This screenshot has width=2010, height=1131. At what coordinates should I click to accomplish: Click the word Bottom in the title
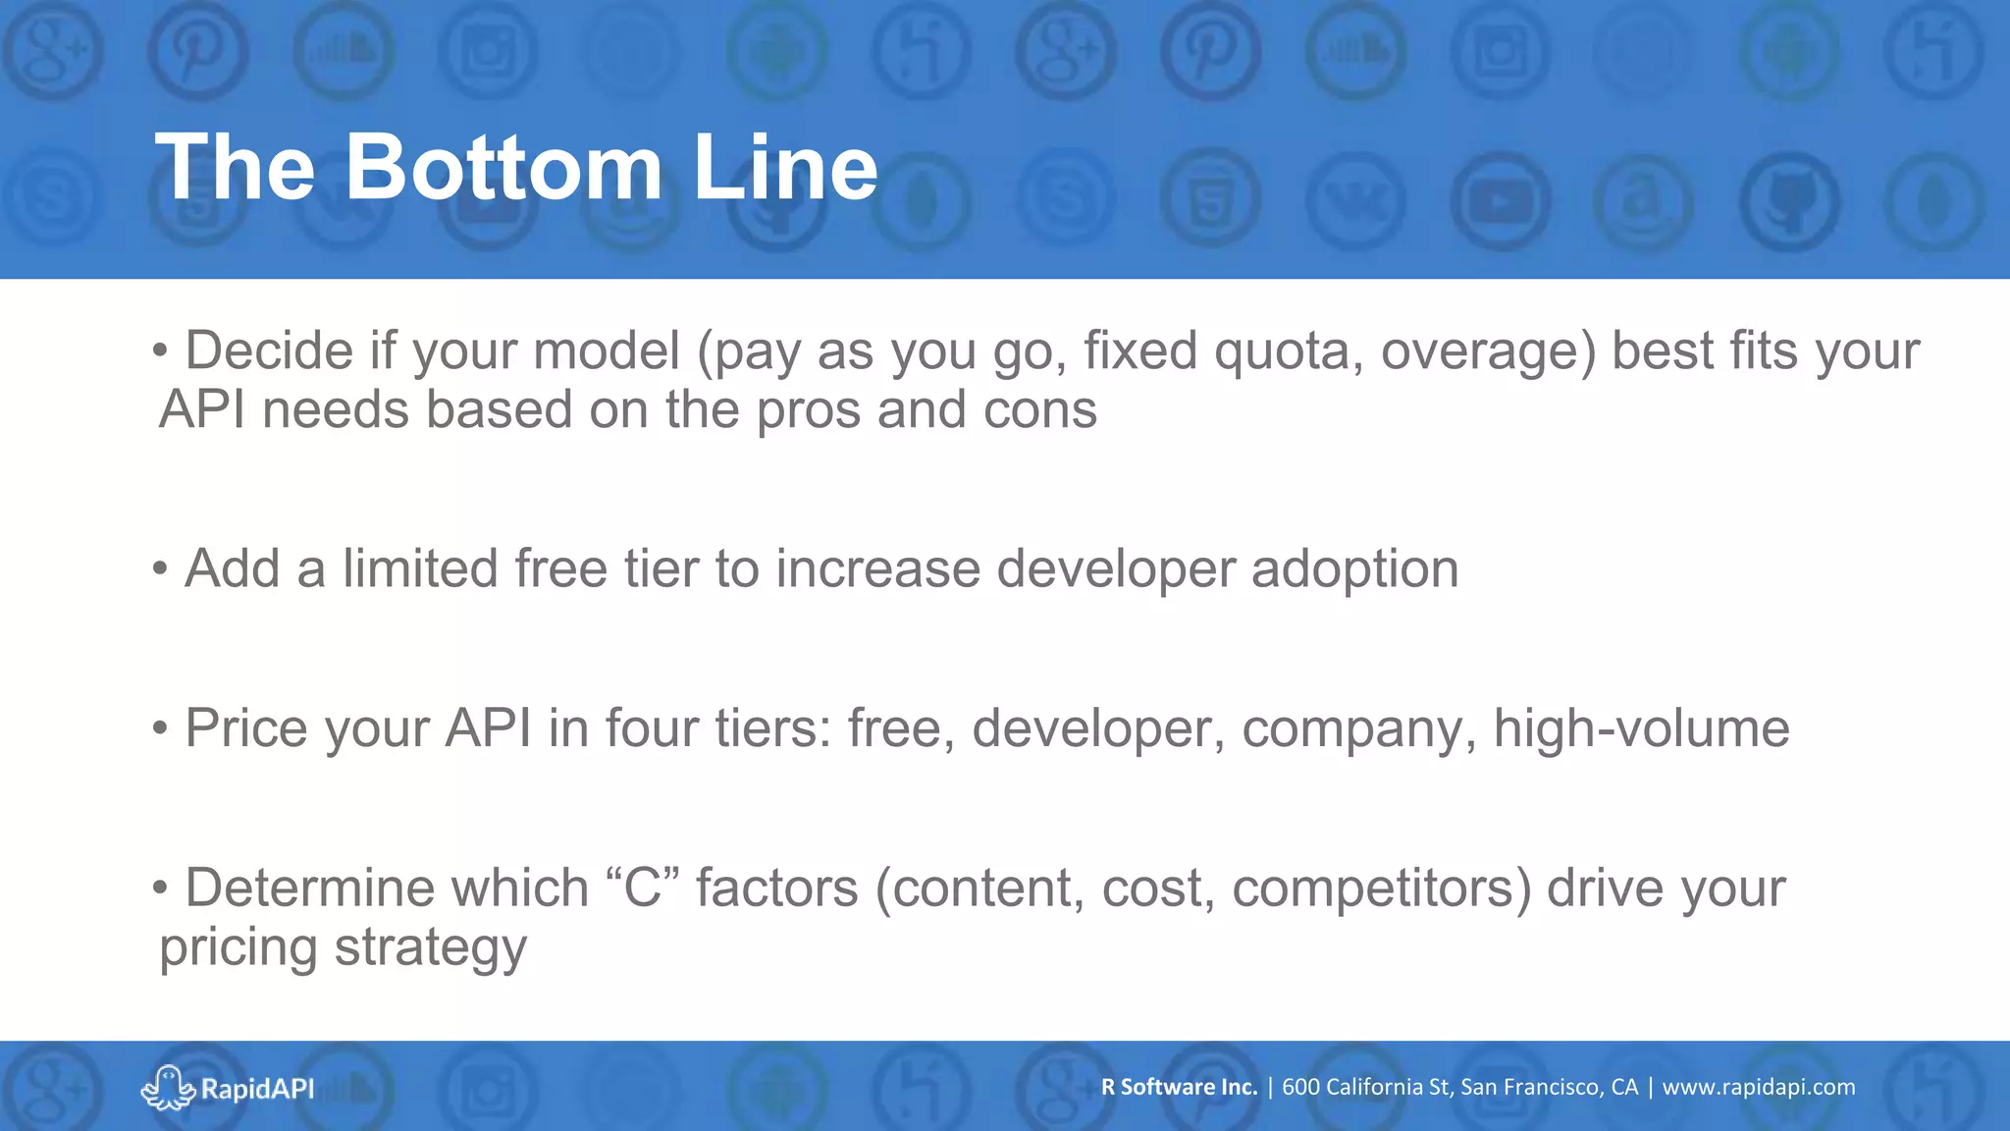[x=503, y=168]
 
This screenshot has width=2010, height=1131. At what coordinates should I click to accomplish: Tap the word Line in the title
[x=784, y=168]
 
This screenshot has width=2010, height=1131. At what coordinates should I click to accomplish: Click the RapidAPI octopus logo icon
[x=167, y=1087]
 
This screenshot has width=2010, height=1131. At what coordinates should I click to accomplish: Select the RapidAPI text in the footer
[x=257, y=1089]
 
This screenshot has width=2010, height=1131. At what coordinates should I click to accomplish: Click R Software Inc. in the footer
[x=1179, y=1087]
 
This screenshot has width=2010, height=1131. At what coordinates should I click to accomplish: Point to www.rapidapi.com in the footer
[x=1758, y=1087]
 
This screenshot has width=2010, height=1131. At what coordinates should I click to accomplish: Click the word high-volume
[x=1641, y=729]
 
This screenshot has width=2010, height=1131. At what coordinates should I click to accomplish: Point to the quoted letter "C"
[x=644, y=888]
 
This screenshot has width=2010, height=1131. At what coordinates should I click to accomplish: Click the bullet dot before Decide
[x=161, y=350]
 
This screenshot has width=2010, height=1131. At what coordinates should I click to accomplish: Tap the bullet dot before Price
[x=161, y=728]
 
